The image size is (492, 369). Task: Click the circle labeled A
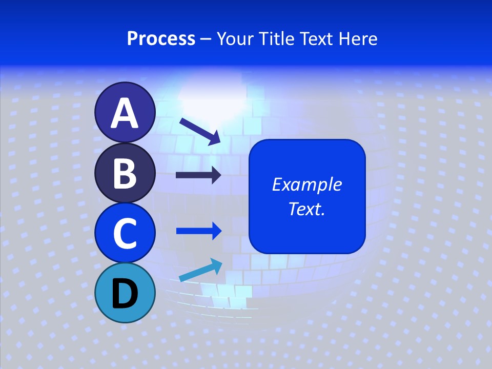tap(125, 113)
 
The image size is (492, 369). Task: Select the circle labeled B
tap(125, 173)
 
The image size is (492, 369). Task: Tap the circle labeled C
tap(125, 233)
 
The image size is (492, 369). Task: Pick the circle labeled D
tap(125, 293)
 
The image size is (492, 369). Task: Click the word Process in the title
tap(161, 38)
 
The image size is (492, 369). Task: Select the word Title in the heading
tap(279, 38)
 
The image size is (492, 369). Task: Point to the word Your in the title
tap(236, 38)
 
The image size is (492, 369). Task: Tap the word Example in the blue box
tap(307, 184)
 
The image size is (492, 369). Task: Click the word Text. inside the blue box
tap(307, 209)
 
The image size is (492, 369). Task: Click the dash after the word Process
tap(206, 39)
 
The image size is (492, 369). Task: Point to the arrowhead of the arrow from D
tap(216, 265)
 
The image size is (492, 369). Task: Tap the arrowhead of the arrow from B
tap(216, 175)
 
